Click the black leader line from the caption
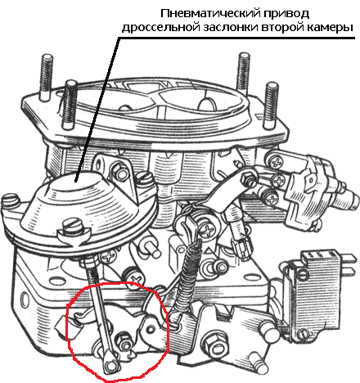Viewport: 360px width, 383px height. coord(97,110)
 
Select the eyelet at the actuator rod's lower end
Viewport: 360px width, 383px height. coord(110,365)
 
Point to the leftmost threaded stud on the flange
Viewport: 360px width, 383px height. coord(47,77)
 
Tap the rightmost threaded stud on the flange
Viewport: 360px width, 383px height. coord(271,106)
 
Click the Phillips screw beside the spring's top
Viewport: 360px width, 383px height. coord(209,231)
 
